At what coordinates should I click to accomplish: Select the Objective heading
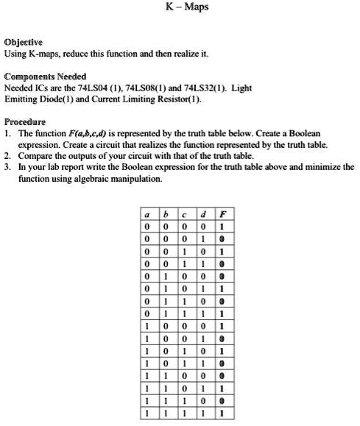[x=25, y=42]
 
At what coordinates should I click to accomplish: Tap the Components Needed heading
[x=45, y=77]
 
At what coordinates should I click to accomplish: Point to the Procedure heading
[x=25, y=122]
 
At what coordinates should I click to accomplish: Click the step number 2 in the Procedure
[x=7, y=157]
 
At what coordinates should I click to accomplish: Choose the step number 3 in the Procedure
[x=7, y=168]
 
